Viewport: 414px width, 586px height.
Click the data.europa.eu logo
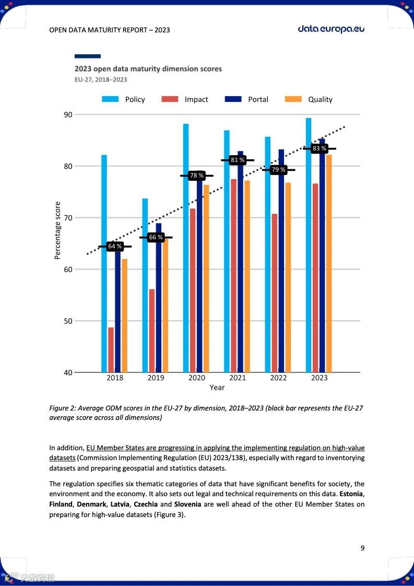331,29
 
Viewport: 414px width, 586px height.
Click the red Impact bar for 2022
275,292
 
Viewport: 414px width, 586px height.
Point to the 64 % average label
115,247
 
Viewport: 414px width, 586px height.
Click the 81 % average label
238,160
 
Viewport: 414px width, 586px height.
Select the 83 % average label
319,149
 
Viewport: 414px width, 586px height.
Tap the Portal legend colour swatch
233,99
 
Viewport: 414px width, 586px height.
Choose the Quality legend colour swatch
293,99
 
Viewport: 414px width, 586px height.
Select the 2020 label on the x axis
197,378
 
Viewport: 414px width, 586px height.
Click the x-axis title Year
217,388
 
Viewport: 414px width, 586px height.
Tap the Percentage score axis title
58,230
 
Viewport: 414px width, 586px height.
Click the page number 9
362,548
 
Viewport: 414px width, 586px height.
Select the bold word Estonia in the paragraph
352,494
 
